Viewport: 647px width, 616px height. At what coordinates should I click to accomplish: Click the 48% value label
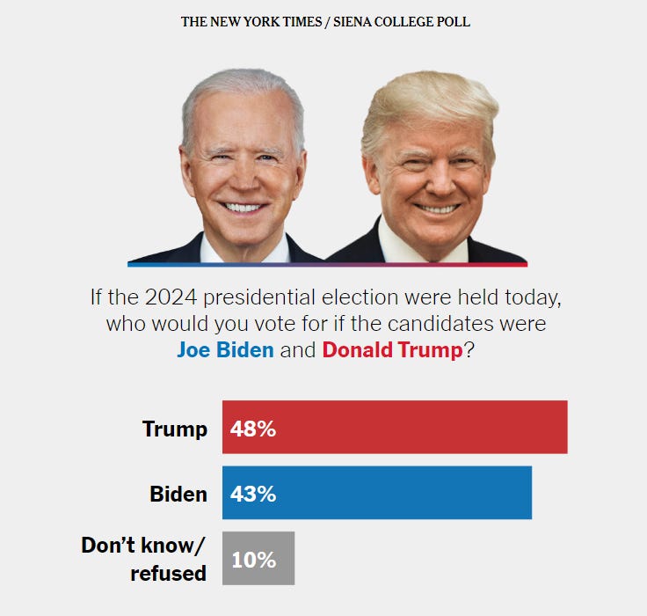tap(253, 429)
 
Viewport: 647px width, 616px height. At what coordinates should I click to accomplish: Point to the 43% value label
tap(253, 494)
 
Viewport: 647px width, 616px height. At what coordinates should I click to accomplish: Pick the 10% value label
tap(253, 559)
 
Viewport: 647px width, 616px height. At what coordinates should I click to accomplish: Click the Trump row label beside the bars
tap(175, 429)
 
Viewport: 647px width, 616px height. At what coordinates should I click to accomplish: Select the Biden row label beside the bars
tap(178, 494)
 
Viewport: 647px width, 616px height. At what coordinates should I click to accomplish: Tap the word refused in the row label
tap(168, 574)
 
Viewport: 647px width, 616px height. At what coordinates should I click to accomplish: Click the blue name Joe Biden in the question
tap(226, 349)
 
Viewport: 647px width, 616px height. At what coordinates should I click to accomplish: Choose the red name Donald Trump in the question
tap(392, 349)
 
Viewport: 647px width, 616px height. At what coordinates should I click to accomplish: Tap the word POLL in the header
tap(453, 21)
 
